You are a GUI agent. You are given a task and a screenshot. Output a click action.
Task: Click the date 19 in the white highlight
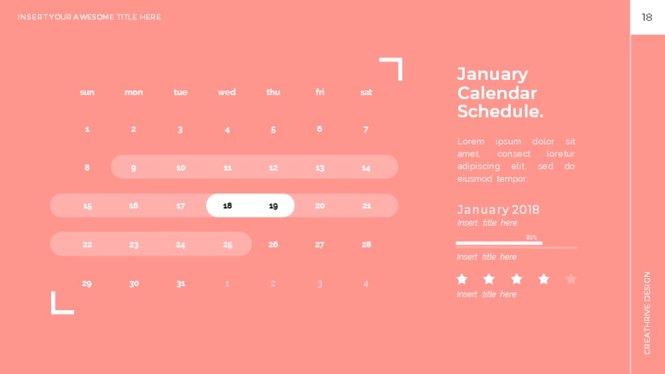[x=273, y=206]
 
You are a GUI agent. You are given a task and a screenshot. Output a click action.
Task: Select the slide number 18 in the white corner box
[x=646, y=17]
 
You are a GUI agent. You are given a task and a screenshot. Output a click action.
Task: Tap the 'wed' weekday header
[x=227, y=92]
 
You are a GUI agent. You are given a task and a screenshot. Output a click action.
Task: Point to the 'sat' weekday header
[x=366, y=92]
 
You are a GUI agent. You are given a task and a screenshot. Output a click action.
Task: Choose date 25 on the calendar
[x=227, y=244]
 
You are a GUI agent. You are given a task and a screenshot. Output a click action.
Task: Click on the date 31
[x=181, y=283]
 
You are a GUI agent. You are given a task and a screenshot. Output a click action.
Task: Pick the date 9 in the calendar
[x=134, y=168]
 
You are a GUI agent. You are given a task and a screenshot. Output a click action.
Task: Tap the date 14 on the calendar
[x=366, y=168]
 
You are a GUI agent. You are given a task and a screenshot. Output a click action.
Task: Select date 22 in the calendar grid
[x=87, y=244]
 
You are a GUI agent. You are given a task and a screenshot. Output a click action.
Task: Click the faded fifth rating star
[x=571, y=279]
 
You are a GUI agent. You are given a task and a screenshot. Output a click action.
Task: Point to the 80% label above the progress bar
[x=531, y=238]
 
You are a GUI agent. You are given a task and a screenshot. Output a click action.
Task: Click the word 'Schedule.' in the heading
[x=500, y=111]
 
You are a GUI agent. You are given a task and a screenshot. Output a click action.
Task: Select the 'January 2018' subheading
[x=498, y=210]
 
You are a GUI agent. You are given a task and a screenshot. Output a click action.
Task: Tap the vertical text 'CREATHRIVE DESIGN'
[x=647, y=313]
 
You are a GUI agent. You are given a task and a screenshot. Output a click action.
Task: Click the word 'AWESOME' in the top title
[x=94, y=17]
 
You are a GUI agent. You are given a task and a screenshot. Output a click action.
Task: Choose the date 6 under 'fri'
[x=319, y=129]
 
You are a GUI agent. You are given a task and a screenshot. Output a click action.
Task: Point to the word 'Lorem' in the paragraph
[x=470, y=141]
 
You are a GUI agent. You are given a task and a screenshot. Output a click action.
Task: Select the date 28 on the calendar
[x=366, y=244]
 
